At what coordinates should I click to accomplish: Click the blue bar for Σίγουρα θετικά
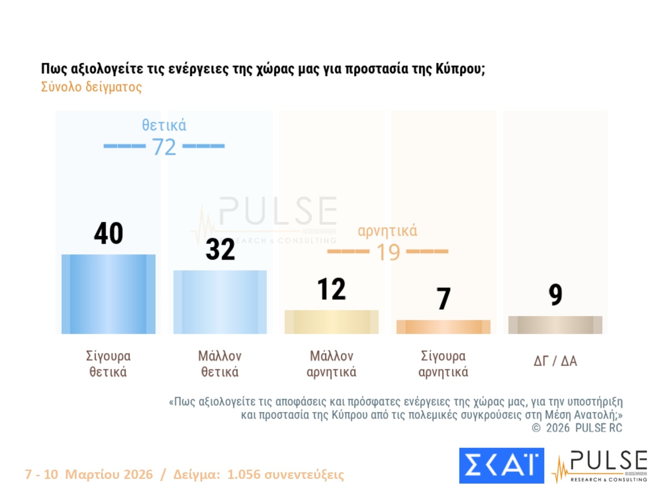pyautogui.click(x=108, y=294)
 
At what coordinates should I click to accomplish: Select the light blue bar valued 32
pyautogui.click(x=220, y=302)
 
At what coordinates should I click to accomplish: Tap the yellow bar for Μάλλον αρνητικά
pyautogui.click(x=331, y=322)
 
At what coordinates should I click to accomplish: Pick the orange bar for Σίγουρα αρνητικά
pyautogui.click(x=443, y=326)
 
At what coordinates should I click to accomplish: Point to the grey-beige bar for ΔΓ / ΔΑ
pyautogui.click(x=555, y=325)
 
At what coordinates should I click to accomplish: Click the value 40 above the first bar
pyautogui.click(x=108, y=233)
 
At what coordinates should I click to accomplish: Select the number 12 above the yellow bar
pyautogui.click(x=331, y=289)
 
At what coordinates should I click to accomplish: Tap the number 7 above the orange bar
pyautogui.click(x=444, y=299)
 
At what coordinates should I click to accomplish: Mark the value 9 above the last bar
pyautogui.click(x=555, y=295)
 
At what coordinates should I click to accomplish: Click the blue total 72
pyautogui.click(x=164, y=147)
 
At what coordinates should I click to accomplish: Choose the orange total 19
pyautogui.click(x=388, y=252)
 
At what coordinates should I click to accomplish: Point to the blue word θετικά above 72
pyautogui.click(x=164, y=125)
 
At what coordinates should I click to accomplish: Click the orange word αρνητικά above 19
pyautogui.click(x=387, y=231)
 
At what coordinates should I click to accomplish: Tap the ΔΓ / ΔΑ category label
pyautogui.click(x=555, y=361)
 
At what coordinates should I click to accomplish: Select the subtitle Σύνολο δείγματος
pyautogui.click(x=91, y=87)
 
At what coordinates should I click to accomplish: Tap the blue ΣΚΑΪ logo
pyautogui.click(x=501, y=466)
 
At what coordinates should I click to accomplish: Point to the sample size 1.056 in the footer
pyautogui.click(x=244, y=474)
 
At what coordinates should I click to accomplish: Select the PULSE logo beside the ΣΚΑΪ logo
pyautogui.click(x=600, y=466)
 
